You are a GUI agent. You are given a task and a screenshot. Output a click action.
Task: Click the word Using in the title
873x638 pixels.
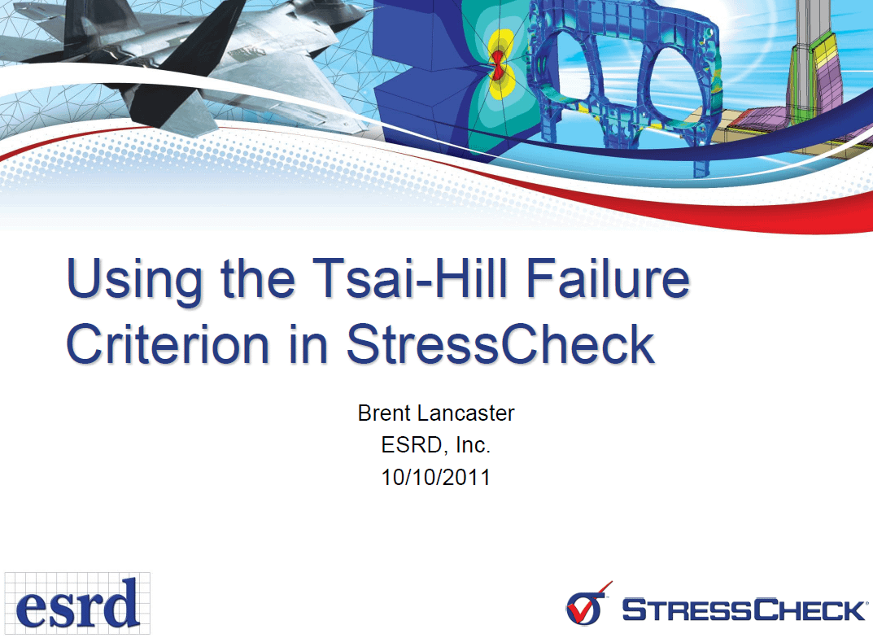[x=134, y=281]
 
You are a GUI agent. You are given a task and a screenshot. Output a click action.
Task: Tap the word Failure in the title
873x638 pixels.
[x=608, y=277]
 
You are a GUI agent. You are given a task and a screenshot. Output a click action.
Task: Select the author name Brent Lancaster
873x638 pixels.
[x=436, y=413]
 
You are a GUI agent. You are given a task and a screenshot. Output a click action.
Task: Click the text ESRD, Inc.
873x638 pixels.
[x=436, y=445]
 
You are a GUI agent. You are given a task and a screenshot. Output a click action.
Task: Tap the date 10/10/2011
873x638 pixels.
[x=436, y=477]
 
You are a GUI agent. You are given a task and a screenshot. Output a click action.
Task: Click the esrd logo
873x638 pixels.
[x=77, y=603]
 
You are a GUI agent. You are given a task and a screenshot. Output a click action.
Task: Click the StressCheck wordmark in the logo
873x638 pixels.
[x=744, y=609]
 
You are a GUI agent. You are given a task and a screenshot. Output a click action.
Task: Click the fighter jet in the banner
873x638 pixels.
[x=184, y=61]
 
